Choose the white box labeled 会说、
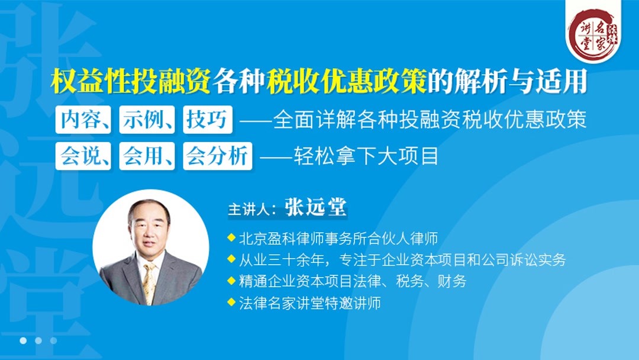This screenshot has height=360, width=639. pos(83,156)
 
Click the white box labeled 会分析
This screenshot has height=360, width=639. pos(217,156)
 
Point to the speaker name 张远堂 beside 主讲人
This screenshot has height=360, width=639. pos(315,208)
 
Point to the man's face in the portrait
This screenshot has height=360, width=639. pos(150,231)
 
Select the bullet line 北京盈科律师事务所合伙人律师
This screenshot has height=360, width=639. pos(338,239)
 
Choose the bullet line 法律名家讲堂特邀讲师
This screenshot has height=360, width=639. pos(309,303)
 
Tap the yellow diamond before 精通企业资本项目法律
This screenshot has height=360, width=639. pos(231,281)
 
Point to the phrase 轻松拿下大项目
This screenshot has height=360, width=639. pos(367,157)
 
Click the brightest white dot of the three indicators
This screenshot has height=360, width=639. pos(23,340)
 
